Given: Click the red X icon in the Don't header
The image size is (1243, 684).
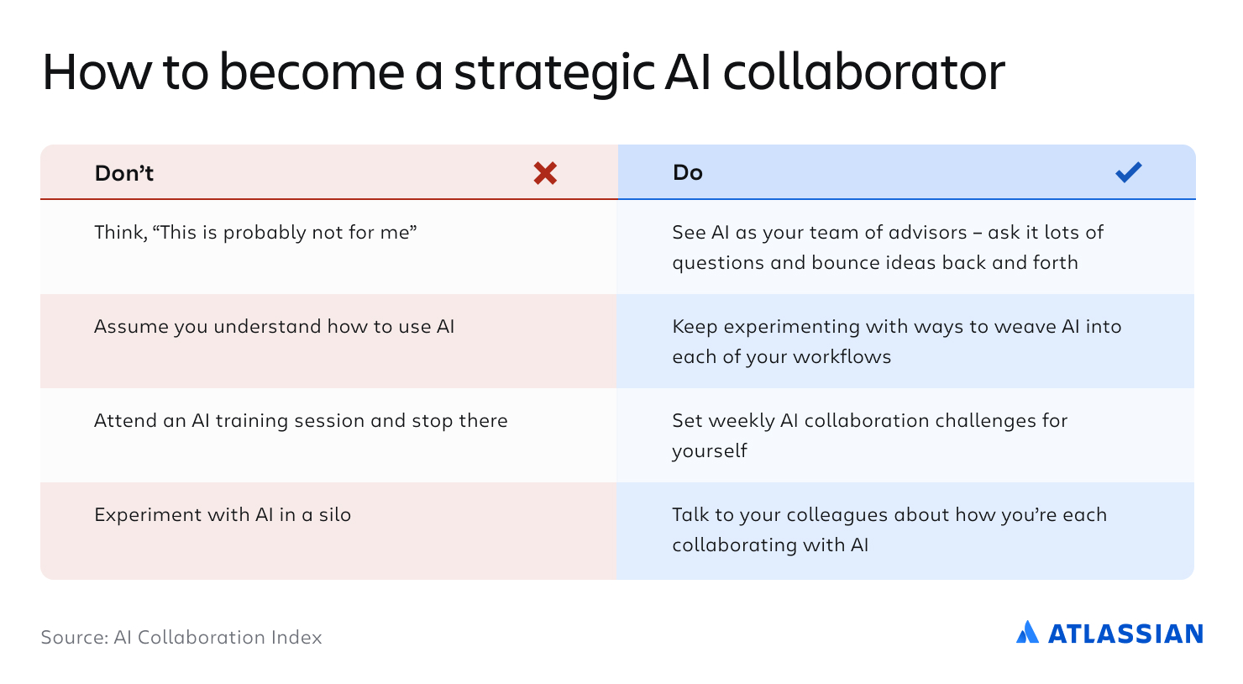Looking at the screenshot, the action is pyautogui.click(x=545, y=173).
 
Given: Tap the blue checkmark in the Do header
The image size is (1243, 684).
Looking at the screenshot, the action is pyautogui.click(x=1129, y=172).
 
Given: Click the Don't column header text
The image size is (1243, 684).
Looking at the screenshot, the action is pyautogui.click(x=123, y=173).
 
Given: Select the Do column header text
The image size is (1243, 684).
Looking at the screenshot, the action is pyautogui.click(x=688, y=172).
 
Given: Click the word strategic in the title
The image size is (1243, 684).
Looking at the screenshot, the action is pyautogui.click(x=554, y=73).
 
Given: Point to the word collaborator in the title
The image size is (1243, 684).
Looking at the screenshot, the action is pyautogui.click(x=864, y=71).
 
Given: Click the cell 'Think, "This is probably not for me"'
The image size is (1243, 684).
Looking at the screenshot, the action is pyautogui.click(x=255, y=232).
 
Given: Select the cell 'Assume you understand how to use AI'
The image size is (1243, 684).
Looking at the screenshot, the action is pyautogui.click(x=274, y=326).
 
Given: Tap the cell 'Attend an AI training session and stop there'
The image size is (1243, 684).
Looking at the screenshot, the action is pyautogui.click(x=301, y=420).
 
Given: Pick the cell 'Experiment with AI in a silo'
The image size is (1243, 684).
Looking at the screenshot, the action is pyautogui.click(x=223, y=514).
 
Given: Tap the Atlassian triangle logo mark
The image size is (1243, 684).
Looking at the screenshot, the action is pyautogui.click(x=1027, y=632).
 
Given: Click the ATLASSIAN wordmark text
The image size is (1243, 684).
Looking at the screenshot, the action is pyautogui.click(x=1125, y=634).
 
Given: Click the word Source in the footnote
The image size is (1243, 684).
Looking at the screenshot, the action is pyautogui.click(x=75, y=637).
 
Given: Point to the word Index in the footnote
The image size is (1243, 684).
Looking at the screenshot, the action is pyautogui.click(x=296, y=637).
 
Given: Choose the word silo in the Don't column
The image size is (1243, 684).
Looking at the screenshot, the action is pyautogui.click(x=335, y=514).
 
